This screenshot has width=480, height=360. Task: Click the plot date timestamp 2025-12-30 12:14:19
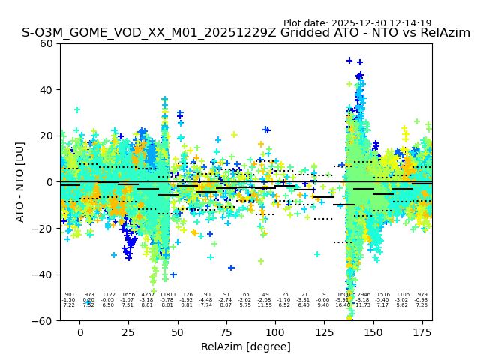click(x=358, y=23)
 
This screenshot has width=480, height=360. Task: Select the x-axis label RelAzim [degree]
click(x=246, y=346)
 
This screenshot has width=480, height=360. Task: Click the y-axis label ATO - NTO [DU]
click(x=20, y=182)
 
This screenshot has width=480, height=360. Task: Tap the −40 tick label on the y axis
click(x=45, y=274)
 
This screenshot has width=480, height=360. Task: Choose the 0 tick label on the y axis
click(x=52, y=182)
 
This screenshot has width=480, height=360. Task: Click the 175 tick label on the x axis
click(x=422, y=332)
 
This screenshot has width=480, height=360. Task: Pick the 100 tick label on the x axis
click(x=275, y=332)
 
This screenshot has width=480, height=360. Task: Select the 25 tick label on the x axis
click(x=128, y=332)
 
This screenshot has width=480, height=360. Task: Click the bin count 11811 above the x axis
click(x=167, y=295)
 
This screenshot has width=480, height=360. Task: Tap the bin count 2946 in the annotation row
click(x=364, y=295)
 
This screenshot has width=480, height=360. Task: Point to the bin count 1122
click(x=109, y=295)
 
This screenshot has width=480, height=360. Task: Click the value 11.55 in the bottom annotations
click(x=265, y=305)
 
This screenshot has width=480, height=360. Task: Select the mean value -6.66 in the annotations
click(x=323, y=300)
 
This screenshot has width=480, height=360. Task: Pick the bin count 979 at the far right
click(x=422, y=295)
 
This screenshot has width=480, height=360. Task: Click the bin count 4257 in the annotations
click(x=148, y=295)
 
